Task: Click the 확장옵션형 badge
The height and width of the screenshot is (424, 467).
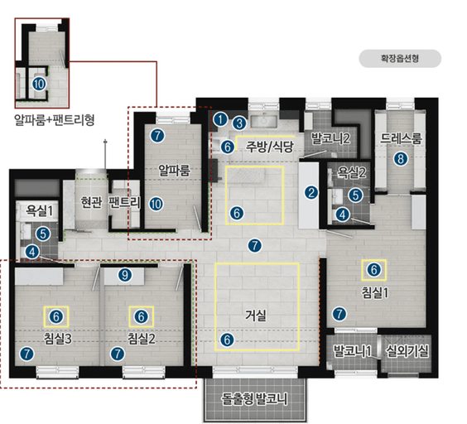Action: pyautogui.click(x=400, y=59)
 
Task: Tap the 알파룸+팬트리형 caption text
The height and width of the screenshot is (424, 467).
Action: pyautogui.click(x=55, y=120)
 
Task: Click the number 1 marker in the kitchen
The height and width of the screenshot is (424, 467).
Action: pyautogui.click(x=220, y=119)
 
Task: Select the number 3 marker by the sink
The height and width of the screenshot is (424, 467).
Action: pyautogui.click(x=239, y=123)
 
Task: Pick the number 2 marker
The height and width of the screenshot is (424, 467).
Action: pyautogui.click(x=311, y=193)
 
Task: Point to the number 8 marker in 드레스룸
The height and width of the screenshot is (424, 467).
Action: pyautogui.click(x=401, y=159)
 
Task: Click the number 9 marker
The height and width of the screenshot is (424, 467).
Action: pyautogui.click(x=125, y=275)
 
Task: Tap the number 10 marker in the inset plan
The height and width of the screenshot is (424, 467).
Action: pyautogui.click(x=39, y=84)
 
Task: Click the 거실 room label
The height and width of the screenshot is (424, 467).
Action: pyautogui.click(x=256, y=316)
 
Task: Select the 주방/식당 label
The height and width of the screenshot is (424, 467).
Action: pyautogui.click(x=270, y=147)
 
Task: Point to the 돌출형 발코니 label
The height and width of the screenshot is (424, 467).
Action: pyautogui.click(x=254, y=398)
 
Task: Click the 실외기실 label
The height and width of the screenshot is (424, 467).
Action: pyautogui.click(x=407, y=351)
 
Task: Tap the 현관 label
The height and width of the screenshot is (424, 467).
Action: pyautogui.click(x=91, y=202)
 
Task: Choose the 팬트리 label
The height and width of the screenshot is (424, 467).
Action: pyautogui.click(x=124, y=202)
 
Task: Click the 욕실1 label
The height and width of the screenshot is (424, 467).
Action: pyautogui.click(x=39, y=210)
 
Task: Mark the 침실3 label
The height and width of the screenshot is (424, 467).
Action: pyautogui.click(x=58, y=339)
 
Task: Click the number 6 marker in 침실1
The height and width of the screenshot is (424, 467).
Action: pyautogui.click(x=373, y=270)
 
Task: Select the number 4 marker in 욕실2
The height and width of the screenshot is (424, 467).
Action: pyautogui.click(x=342, y=214)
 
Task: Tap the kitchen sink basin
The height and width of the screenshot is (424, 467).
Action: pyautogui.click(x=264, y=122)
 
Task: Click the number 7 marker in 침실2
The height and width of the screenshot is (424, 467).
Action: pyautogui.click(x=118, y=354)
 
